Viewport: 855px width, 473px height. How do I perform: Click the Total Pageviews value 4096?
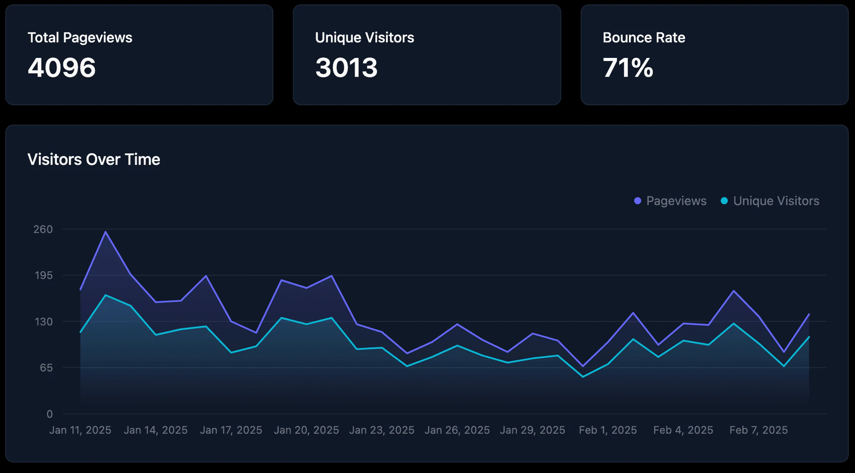pyautogui.click(x=61, y=68)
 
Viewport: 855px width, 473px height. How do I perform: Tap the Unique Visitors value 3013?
pyautogui.click(x=346, y=68)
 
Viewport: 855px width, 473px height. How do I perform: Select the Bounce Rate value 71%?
pyautogui.click(x=627, y=68)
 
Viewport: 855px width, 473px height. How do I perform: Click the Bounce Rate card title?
pyautogui.click(x=643, y=37)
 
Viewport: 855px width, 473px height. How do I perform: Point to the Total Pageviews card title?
pyautogui.click(x=80, y=37)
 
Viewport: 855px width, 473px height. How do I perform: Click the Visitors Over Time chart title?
pyautogui.click(x=94, y=160)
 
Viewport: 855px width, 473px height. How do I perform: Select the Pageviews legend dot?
pyautogui.click(x=638, y=201)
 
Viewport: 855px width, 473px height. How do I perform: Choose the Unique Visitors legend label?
pyautogui.click(x=776, y=201)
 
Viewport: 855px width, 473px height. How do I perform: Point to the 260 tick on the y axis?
pyautogui.click(x=43, y=229)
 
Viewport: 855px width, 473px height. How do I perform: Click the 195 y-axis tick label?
pyautogui.click(x=44, y=276)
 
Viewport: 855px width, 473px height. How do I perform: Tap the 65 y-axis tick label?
pyautogui.click(x=46, y=368)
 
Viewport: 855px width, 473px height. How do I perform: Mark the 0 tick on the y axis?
pyautogui.click(x=49, y=414)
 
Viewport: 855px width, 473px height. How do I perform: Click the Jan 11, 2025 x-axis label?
pyautogui.click(x=80, y=430)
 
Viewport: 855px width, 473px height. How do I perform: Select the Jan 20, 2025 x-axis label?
pyautogui.click(x=306, y=430)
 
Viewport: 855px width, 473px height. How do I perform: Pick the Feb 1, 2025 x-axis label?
pyautogui.click(x=607, y=430)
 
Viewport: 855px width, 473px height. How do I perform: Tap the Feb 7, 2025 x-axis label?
pyautogui.click(x=758, y=430)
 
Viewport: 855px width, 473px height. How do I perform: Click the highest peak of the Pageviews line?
pyautogui.click(x=106, y=231)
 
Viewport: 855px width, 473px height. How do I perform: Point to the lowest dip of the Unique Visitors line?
pyautogui.click(x=583, y=377)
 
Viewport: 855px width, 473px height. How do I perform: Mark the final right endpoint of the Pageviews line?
pyautogui.click(x=809, y=314)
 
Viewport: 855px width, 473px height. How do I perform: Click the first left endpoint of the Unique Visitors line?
pyautogui.click(x=81, y=332)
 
